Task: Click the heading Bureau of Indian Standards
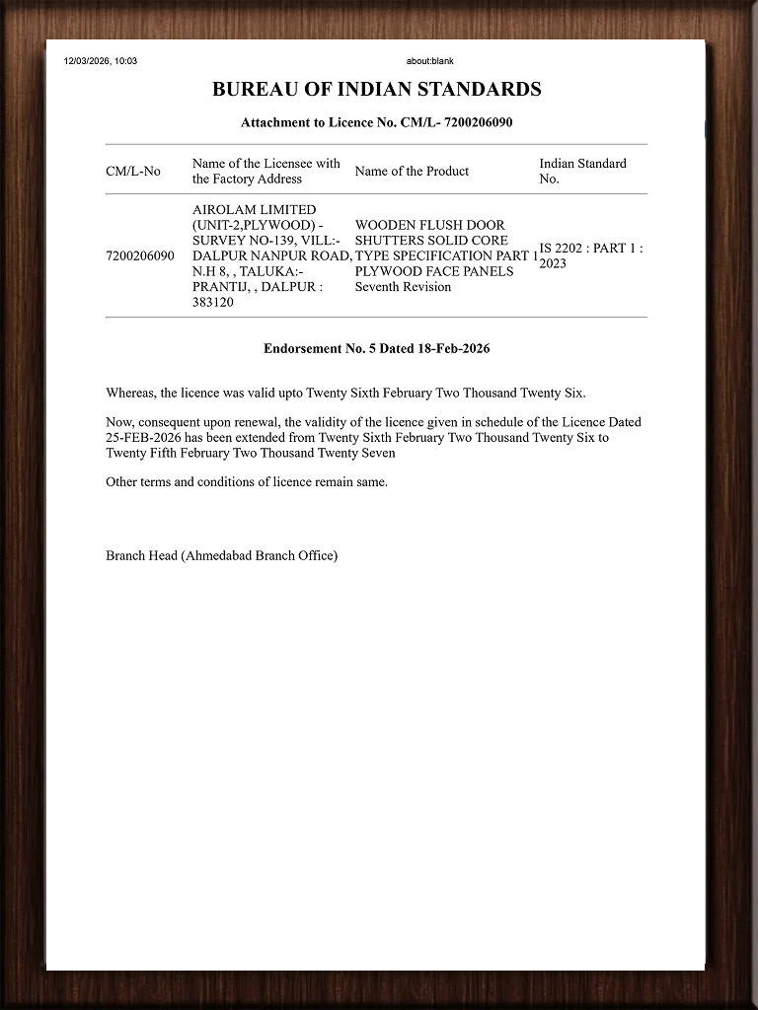376,90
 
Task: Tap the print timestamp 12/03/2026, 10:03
101,61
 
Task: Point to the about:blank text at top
429,61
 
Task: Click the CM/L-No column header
133,172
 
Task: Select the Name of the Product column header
412,172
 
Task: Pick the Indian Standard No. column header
582,171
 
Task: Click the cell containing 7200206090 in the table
140,255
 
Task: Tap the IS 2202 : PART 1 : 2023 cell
590,255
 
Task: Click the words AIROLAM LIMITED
255,210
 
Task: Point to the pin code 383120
213,303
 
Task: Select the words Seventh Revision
403,287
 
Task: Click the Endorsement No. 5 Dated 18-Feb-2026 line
376,349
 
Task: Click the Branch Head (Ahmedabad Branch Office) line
222,556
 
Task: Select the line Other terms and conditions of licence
247,482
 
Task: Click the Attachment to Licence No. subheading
376,123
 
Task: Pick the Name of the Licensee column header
266,171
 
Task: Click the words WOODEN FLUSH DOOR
430,225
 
